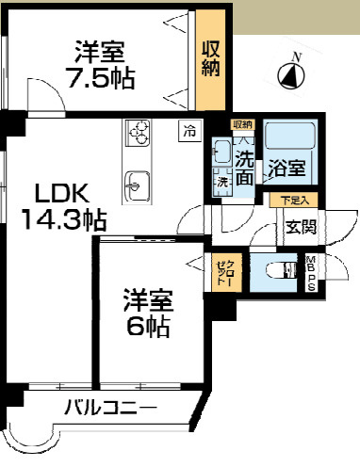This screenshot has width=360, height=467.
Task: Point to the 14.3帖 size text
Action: (63, 220)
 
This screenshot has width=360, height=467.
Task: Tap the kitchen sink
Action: (137, 179)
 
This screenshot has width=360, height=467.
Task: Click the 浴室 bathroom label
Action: (288, 169)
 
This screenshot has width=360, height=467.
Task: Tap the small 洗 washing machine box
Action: (223, 181)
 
